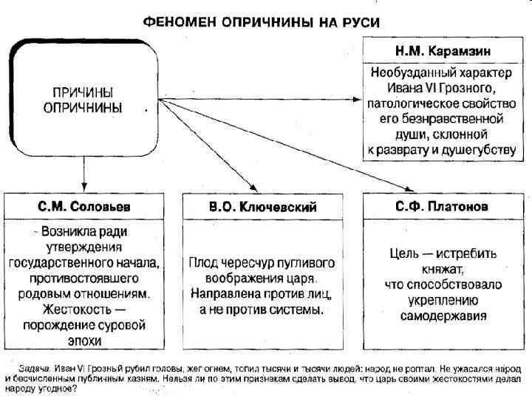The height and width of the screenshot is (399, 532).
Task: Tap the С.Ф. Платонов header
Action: click(x=439, y=206)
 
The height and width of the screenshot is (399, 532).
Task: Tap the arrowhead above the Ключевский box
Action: click(x=253, y=188)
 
